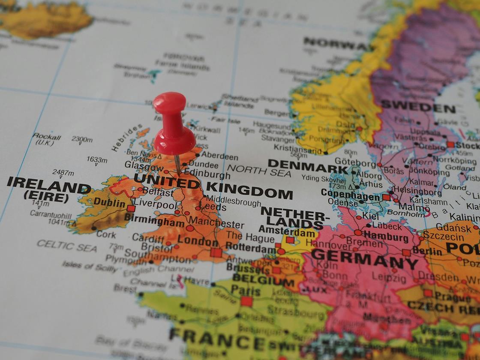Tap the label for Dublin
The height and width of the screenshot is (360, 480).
point(109,202)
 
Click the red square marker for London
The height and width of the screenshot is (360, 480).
point(216,252)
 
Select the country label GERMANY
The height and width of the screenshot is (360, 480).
point(364,258)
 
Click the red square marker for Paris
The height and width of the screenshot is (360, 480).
point(246,301)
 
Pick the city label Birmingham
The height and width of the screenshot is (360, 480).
point(154,222)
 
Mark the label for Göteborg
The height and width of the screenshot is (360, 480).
point(355,163)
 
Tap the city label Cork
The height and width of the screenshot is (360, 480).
point(106,234)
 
